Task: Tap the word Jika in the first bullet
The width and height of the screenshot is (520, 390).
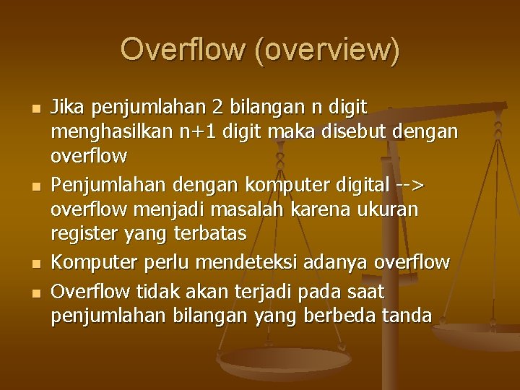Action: (x=69, y=108)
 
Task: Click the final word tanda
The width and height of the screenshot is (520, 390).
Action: (x=411, y=316)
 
